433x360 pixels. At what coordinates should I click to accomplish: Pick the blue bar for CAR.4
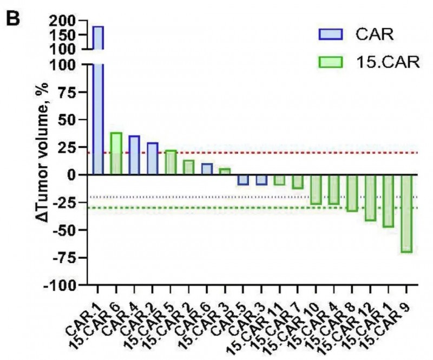(134, 155)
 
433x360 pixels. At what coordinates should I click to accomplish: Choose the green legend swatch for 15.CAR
(331, 62)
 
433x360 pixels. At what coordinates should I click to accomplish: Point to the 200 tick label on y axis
(69, 21)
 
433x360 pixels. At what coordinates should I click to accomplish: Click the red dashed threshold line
(271, 152)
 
